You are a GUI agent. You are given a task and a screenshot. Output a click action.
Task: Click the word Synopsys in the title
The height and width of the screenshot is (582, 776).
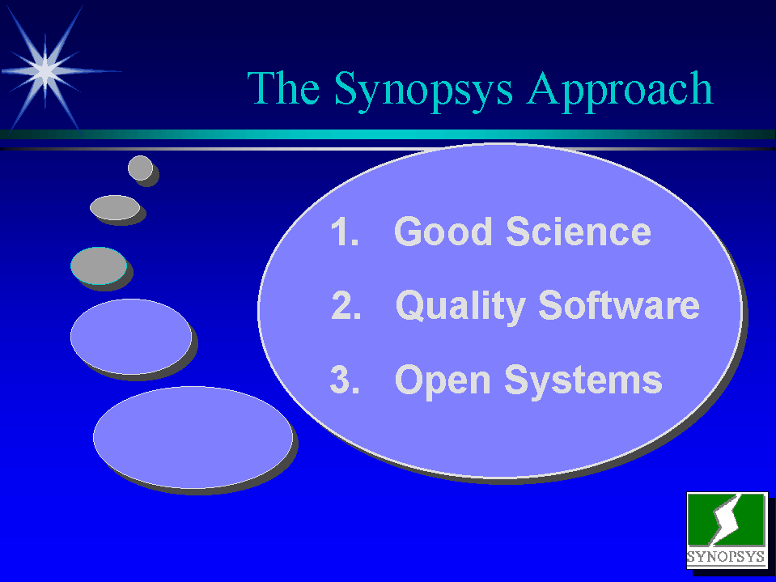[424, 91]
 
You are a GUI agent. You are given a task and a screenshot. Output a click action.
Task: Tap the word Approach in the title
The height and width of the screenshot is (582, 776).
[620, 91]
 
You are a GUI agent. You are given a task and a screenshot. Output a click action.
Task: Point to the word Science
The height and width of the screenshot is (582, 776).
[578, 232]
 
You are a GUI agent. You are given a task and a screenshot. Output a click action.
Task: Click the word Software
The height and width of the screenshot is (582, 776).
[619, 305]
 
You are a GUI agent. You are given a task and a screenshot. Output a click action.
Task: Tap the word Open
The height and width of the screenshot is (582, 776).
[443, 381]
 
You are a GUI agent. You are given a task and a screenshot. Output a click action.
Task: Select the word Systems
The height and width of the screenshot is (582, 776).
[583, 380]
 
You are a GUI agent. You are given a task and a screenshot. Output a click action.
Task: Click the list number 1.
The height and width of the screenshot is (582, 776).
[345, 232]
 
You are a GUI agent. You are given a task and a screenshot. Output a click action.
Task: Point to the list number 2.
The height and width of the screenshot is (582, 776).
[346, 305]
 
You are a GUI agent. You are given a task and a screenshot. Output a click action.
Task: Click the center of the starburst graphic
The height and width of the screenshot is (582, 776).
[45, 71]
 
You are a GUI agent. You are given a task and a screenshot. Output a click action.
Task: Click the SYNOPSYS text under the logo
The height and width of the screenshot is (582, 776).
[726, 556]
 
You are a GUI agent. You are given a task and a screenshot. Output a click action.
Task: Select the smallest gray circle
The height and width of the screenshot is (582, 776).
[141, 168]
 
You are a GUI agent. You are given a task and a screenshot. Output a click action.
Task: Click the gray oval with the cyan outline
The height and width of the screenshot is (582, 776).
[99, 266]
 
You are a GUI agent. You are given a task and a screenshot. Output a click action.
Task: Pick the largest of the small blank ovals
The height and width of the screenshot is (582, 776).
[193, 437]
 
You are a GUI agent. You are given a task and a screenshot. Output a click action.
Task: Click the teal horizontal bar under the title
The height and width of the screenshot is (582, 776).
[388, 134]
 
